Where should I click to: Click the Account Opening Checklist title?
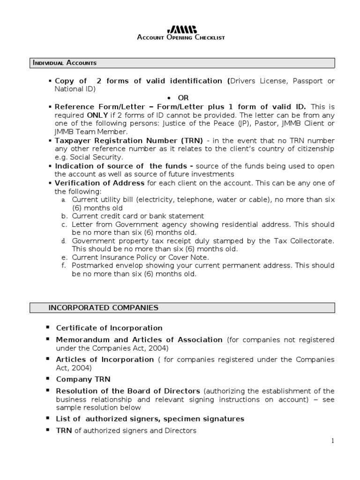[181, 37]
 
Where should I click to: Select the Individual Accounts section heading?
[64, 63]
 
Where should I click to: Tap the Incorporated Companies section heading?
[103, 307]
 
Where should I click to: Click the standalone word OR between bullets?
[183, 97]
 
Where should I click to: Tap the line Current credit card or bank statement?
[138, 216]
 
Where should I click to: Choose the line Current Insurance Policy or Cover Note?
[140, 257]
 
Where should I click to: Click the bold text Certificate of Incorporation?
[109, 328]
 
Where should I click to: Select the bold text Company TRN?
[83, 379]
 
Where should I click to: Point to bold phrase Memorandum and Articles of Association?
[139, 339]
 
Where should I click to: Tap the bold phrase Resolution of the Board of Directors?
[128, 391]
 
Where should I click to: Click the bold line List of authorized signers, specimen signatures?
[150, 419]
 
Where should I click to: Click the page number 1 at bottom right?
[332, 441]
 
